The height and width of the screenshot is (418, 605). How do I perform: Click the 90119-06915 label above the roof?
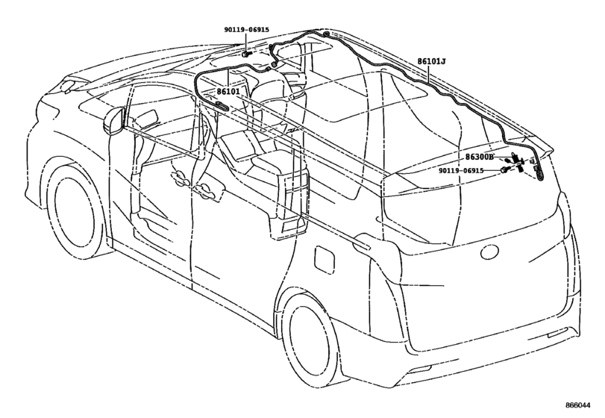pos(247,30)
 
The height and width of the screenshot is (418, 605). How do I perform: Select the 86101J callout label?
pos(431,61)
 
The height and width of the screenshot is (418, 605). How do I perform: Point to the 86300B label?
pos(480,157)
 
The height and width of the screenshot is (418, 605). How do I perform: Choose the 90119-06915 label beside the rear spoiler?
pos(461,170)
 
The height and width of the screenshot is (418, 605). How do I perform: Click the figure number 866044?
pos(577,405)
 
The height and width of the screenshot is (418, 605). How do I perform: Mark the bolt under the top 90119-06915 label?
pos(246,54)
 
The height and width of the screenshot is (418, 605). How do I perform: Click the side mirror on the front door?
pos(114,121)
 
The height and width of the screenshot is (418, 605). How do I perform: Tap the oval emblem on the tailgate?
pos(490,253)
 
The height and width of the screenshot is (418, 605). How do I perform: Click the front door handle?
pos(179,177)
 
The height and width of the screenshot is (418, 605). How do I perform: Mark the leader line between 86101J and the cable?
pos(430,74)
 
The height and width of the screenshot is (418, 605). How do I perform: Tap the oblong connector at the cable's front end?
pos(221,106)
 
